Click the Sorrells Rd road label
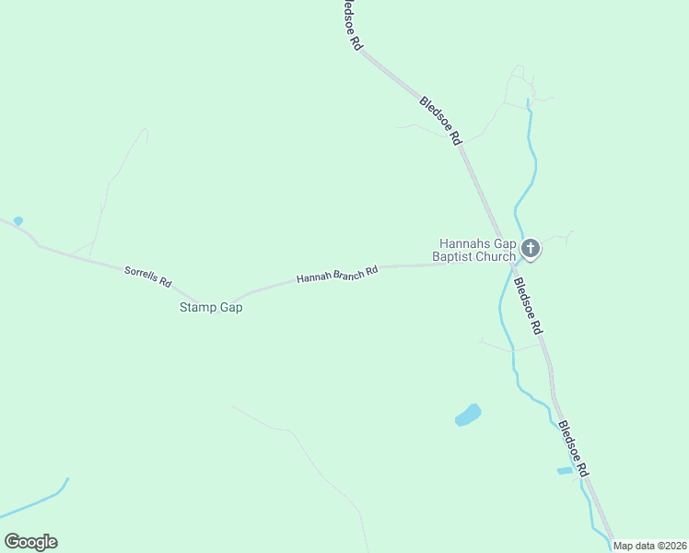[148, 275]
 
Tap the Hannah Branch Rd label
[337, 275]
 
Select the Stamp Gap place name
[211, 308]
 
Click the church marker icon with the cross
[531, 248]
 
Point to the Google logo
[30, 542]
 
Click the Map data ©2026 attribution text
[650, 546]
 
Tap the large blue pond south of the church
[469, 415]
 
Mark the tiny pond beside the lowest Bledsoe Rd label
[565, 471]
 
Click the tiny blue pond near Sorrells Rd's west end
[18, 221]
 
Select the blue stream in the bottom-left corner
[37, 502]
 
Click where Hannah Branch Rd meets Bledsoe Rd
[509, 264]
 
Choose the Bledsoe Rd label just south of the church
[528, 305]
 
